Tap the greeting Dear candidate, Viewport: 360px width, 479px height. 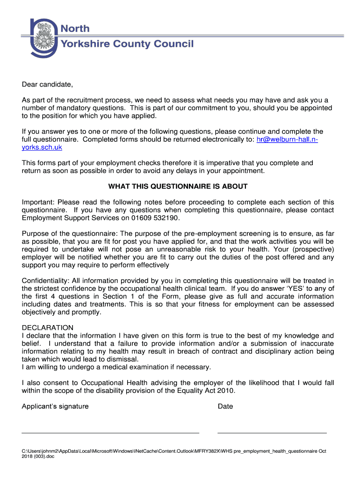click(x=47, y=85)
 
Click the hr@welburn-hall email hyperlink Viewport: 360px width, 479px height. click(x=287, y=139)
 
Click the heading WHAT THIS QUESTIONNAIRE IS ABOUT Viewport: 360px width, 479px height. click(x=178, y=187)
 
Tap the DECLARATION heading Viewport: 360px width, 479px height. click(x=47, y=328)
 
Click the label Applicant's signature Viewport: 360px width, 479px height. click(x=55, y=406)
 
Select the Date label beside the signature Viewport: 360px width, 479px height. click(x=225, y=406)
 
